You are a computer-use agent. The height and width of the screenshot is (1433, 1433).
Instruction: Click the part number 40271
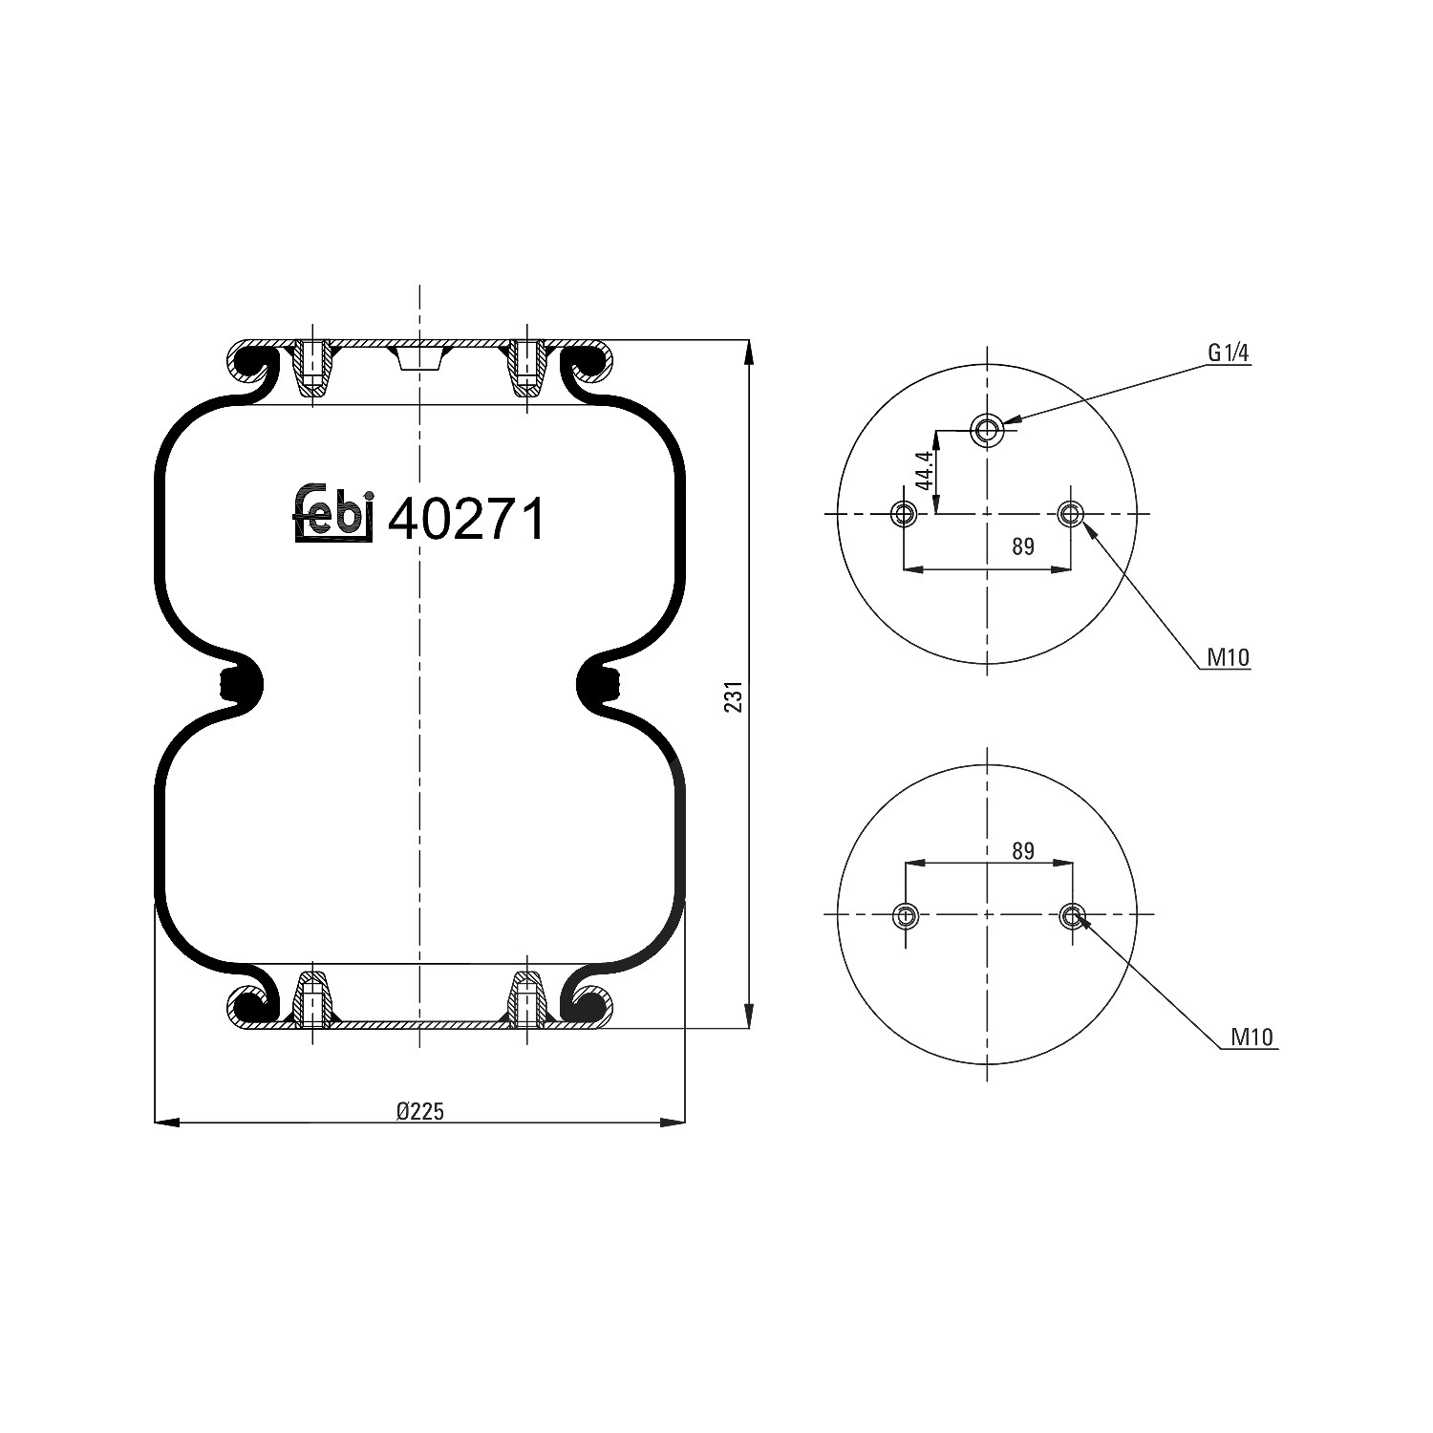466,520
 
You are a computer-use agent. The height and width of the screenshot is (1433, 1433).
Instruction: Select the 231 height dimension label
734,696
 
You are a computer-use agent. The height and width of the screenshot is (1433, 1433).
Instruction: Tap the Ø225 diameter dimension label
420,1111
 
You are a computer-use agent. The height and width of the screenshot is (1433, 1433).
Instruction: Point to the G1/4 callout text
1229,353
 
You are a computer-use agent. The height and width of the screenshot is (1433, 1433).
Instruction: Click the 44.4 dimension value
924,471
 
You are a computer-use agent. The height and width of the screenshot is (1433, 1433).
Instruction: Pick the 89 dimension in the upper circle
1023,546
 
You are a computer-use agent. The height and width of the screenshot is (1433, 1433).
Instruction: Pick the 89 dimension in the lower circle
1023,850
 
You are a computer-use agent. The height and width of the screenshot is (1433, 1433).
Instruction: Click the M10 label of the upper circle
1229,657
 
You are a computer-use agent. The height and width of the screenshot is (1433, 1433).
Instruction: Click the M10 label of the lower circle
1253,1037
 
